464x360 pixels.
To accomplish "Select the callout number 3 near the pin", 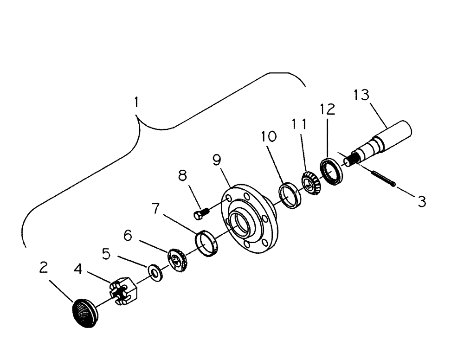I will click(421, 202).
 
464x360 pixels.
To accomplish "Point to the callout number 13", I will click(361, 95).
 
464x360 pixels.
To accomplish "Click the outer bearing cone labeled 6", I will click(176, 261).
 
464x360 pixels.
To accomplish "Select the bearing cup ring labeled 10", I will click(290, 195).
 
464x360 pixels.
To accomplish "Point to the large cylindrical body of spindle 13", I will click(398, 133).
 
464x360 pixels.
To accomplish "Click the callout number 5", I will click(107, 254).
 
